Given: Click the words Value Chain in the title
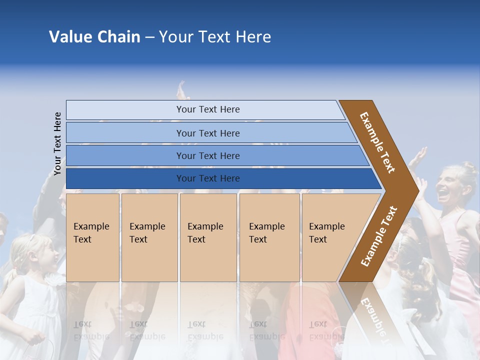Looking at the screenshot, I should coord(94,37).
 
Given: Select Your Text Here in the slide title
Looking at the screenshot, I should coord(215,37).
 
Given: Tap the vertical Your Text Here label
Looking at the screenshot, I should coord(58,143).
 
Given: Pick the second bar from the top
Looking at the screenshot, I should coord(207,133).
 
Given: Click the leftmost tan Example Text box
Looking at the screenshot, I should coord(92,237).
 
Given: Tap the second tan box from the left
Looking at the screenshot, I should coord(149,237).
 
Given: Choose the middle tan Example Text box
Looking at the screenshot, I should coord(208,237).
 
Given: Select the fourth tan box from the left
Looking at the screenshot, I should coord(269,237).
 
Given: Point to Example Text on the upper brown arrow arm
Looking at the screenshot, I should coord(377,142).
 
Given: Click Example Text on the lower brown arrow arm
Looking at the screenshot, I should coord(379,236).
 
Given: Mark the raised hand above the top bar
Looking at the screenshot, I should coord(182,90).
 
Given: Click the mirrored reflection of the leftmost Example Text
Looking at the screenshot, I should coord(91,330).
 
